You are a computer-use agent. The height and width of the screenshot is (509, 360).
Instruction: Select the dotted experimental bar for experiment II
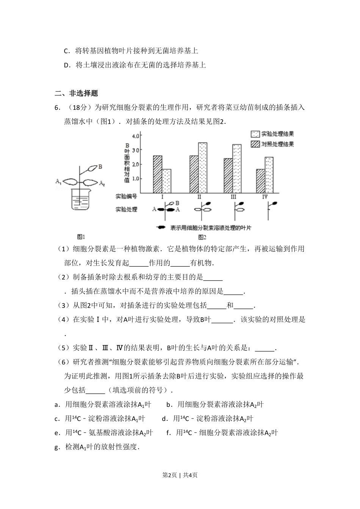point(203,167)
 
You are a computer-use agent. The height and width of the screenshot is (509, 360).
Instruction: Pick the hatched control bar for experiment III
point(228,175)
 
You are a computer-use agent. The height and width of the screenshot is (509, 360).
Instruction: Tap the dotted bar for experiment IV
point(269,175)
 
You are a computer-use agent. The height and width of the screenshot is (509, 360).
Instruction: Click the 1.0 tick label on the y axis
point(136,178)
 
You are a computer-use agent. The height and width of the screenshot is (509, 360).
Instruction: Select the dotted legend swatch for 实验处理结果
point(255,134)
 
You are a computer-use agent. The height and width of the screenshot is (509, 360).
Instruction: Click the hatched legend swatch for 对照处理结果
point(255,144)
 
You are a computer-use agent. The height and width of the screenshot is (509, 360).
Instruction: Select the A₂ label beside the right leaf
point(102,184)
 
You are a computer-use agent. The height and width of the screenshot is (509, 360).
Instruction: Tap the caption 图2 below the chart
point(202,237)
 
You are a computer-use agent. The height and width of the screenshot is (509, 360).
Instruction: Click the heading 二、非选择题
point(77,93)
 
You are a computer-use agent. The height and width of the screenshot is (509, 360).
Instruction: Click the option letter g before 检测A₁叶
point(57,447)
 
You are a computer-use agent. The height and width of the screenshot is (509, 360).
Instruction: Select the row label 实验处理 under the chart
point(126,209)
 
